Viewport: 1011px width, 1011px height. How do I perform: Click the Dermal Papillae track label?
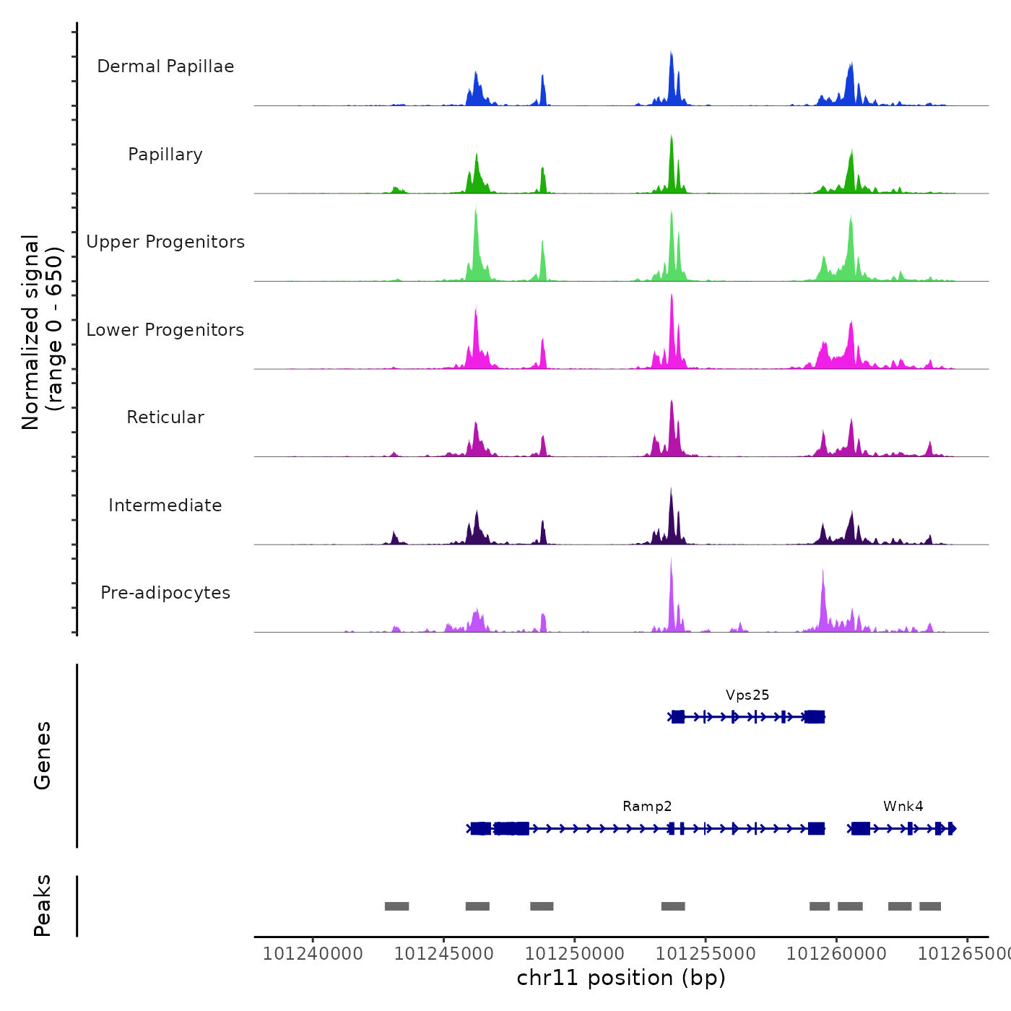165,66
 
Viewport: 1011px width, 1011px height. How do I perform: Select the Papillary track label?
165,155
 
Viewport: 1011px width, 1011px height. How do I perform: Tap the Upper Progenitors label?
165,242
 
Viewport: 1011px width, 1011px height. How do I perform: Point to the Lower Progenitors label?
165,330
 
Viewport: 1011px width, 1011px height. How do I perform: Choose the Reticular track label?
165,417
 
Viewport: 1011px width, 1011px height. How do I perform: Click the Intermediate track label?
165,506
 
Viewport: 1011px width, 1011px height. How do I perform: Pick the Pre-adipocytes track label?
165,593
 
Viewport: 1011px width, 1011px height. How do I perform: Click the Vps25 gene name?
747,695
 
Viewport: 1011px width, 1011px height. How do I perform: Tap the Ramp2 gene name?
647,807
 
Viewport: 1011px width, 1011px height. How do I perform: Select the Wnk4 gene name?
903,807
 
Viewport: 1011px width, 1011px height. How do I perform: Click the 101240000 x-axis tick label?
313,954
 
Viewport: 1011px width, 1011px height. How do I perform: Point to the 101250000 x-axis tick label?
575,954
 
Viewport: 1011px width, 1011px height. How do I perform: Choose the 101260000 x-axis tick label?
836,954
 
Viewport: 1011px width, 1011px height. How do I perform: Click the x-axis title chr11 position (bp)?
621,978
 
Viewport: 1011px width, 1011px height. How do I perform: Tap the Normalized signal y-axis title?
41,332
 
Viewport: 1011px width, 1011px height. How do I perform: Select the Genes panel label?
43,755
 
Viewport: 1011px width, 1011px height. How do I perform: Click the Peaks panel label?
43,906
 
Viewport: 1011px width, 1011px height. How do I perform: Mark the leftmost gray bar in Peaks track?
396,906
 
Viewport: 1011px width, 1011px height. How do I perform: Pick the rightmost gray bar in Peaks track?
930,906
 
